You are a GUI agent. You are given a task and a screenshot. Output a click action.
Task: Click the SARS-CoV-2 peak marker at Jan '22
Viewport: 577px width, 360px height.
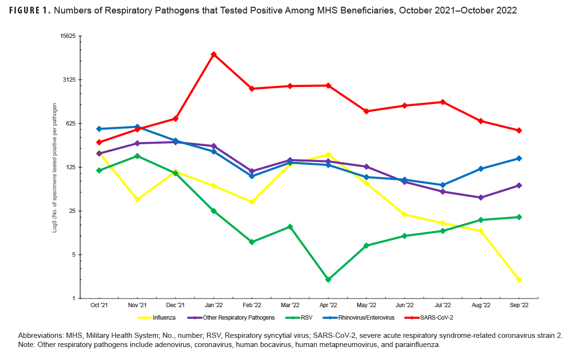[213, 54]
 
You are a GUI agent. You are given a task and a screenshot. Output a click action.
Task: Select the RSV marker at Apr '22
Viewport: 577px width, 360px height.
[328, 279]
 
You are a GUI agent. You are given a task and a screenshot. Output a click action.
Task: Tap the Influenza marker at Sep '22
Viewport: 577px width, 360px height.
[519, 279]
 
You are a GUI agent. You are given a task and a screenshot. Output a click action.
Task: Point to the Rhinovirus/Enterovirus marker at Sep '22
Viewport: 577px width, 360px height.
[519, 159]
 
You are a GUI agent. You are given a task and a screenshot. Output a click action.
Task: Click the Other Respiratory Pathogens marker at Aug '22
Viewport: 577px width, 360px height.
[481, 198]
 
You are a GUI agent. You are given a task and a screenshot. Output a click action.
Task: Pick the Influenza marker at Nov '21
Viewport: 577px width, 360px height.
[138, 199]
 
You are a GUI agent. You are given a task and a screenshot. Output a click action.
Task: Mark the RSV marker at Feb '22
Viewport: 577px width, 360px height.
[251, 242]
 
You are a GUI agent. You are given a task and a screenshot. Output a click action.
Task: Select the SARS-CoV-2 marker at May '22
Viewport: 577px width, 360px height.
[366, 111]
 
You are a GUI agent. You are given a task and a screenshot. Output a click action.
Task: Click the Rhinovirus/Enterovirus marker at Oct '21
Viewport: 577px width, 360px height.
[99, 129]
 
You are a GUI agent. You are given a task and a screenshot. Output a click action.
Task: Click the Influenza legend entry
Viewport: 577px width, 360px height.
[156, 318]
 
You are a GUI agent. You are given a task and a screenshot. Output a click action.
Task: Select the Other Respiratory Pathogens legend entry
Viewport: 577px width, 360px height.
[231, 318]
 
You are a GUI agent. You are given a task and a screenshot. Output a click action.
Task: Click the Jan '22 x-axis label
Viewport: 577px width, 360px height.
[213, 305]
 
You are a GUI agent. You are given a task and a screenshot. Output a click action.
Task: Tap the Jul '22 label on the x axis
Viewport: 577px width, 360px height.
[442, 305]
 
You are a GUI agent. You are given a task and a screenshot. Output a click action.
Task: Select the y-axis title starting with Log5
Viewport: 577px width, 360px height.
[55, 168]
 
